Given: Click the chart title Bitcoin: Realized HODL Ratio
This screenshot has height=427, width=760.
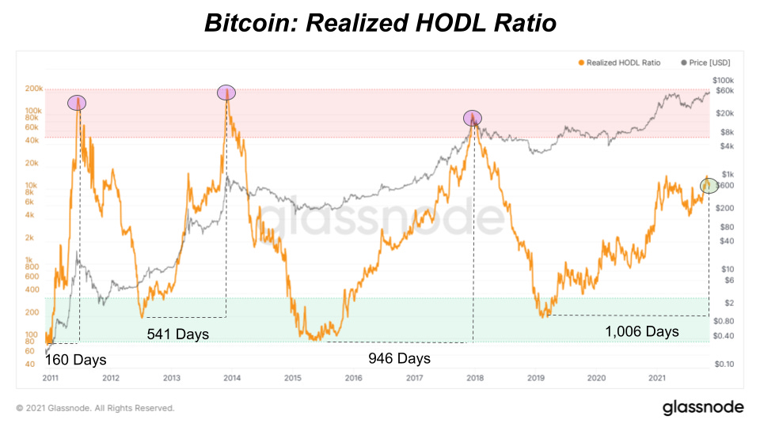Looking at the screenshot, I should tap(380, 23).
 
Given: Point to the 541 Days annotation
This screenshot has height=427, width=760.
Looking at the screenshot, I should tap(178, 334).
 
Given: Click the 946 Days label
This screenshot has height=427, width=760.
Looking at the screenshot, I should tap(399, 358).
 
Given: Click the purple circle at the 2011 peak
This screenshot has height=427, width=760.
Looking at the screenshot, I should tap(78, 102).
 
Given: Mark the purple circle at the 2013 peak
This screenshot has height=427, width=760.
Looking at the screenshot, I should tap(226, 93).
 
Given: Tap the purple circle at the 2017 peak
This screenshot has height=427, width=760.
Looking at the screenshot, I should tap(473, 119).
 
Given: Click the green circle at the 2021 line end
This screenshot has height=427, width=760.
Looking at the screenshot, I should tap(709, 185).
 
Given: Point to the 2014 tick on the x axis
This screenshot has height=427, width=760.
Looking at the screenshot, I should tap(231, 378).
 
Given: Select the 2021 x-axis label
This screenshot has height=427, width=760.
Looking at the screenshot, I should tap(656, 378).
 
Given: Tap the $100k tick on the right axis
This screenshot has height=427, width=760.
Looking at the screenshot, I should tap(724, 80).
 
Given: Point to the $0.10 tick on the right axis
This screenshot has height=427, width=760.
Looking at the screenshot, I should tap(724, 365).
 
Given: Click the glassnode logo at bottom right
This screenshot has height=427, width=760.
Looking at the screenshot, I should tap(702, 407).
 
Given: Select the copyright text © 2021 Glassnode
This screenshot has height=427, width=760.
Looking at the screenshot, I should tap(95, 408).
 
